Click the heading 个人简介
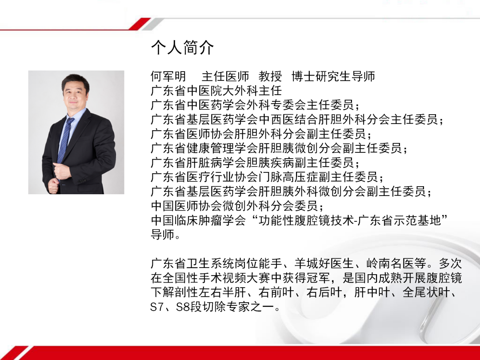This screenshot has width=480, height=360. point(182,48)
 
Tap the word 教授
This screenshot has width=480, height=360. point(270,76)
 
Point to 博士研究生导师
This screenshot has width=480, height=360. point(333,76)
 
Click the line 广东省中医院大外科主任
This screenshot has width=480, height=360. point(216,91)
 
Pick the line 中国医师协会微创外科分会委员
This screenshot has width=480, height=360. point(237,206)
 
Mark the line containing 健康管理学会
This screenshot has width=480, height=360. point(279,148)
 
